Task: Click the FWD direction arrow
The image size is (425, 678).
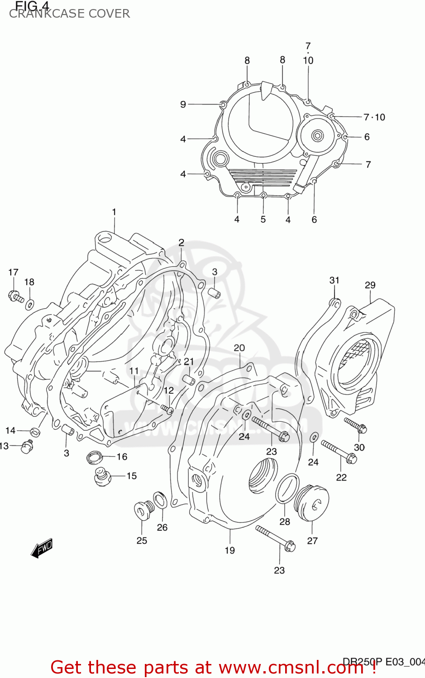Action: click(x=42, y=547)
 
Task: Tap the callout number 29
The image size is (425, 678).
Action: click(x=370, y=285)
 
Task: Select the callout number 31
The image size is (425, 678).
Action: click(x=334, y=280)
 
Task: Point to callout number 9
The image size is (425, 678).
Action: click(x=183, y=104)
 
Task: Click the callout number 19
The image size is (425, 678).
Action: click(x=229, y=550)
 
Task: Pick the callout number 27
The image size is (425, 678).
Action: click(x=312, y=541)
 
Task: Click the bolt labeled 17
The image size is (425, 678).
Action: click(x=16, y=297)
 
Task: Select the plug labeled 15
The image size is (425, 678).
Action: click(x=102, y=476)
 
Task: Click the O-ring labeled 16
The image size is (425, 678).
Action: click(x=95, y=457)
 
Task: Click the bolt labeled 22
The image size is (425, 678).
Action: click(x=339, y=452)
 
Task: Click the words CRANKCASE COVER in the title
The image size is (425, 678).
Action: click(x=69, y=14)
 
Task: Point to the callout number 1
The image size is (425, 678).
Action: click(x=114, y=212)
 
